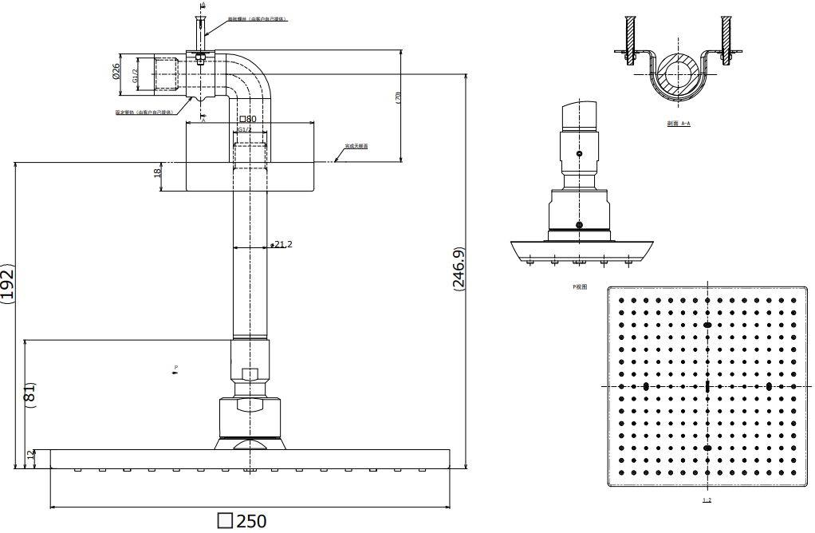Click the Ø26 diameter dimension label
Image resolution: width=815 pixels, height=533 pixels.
point(116,73)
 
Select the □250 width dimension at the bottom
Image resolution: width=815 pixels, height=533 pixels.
point(242,522)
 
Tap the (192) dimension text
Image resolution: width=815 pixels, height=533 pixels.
point(7,282)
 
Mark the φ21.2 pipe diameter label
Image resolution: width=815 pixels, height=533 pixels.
point(282,244)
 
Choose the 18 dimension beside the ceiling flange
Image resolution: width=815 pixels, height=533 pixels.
point(158,171)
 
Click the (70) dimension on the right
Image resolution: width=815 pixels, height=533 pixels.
point(397,97)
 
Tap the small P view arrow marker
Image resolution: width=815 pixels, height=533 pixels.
point(175,369)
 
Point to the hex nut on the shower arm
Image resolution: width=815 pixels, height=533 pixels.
point(250,374)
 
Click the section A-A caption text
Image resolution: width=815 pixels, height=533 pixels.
point(679,124)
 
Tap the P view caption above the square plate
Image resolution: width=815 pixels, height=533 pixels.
point(580,286)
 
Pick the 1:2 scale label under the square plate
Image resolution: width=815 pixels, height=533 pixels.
point(707,500)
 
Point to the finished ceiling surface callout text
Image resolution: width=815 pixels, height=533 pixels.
point(356,147)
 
